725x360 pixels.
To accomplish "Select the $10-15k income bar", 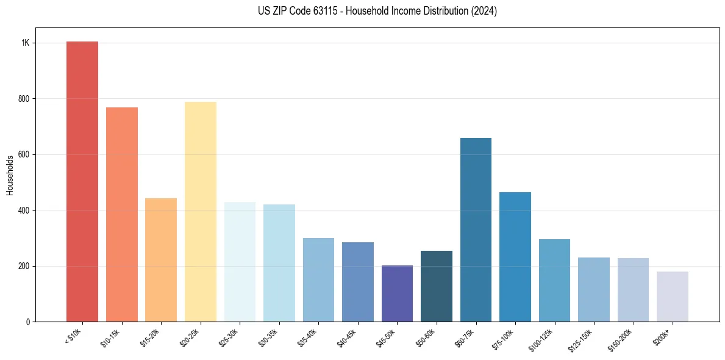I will tap(122, 214).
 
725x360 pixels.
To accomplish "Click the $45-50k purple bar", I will tap(397, 293).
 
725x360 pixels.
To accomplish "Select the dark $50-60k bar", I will tap(437, 286).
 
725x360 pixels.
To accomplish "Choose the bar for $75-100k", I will tap(515, 257).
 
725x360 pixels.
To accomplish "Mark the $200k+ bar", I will tap(673, 297).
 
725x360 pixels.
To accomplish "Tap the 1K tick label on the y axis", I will tap(26, 43).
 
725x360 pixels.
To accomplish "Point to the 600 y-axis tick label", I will tap(24, 154).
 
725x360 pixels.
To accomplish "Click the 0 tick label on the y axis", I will tap(28, 322).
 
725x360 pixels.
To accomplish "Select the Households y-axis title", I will tap(10, 175).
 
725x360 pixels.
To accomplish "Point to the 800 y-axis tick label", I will tap(24, 99).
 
